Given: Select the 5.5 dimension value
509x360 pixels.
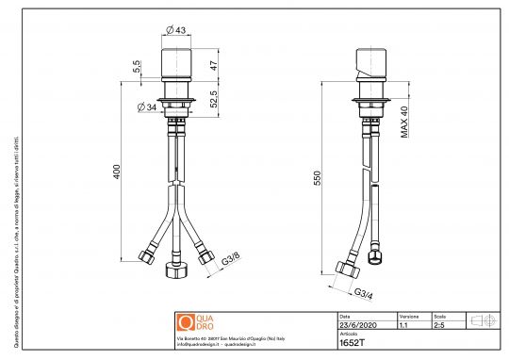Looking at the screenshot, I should pyautogui.click(x=137, y=69).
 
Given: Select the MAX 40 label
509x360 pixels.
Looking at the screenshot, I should pyautogui.click(x=403, y=121).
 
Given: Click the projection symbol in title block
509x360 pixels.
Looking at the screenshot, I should pyautogui.click(x=483, y=321).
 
